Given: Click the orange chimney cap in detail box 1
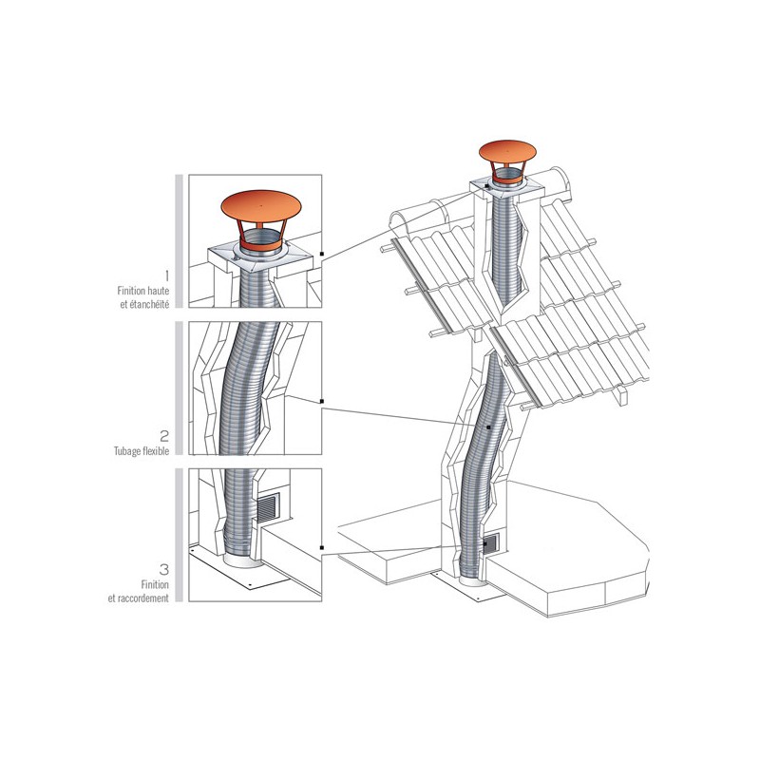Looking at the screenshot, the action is [x=260, y=207].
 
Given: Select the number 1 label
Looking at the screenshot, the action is [x=167, y=276].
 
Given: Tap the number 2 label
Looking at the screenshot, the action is [x=164, y=436].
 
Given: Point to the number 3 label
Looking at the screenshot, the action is [x=164, y=568].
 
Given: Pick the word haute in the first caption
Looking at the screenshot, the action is [x=158, y=291].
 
